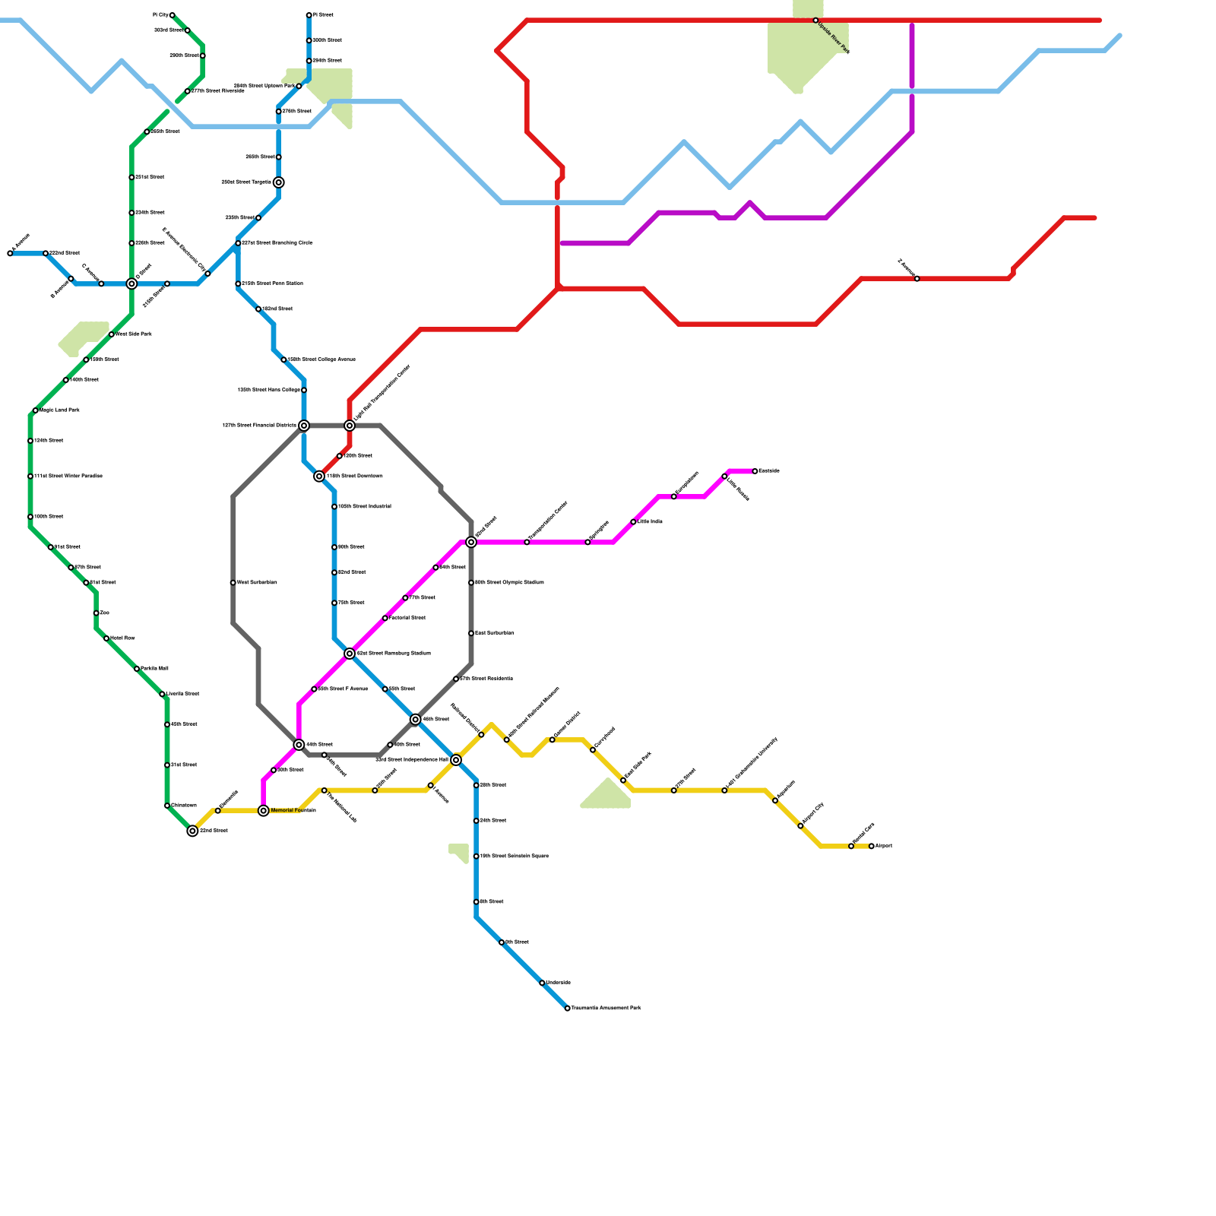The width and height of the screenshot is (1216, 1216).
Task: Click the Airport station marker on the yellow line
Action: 871,846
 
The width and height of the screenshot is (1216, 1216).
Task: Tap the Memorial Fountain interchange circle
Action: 264,811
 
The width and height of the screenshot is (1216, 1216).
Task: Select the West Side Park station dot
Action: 112,334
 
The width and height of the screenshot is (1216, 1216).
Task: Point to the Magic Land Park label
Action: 59,410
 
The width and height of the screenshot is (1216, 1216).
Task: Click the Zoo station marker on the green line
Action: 96,613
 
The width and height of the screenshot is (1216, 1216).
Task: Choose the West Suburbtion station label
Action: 257,583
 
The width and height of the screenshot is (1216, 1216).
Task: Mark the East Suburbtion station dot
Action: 471,633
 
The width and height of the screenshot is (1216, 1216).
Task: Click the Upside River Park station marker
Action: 815,21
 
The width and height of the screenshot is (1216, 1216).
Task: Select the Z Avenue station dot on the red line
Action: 917,279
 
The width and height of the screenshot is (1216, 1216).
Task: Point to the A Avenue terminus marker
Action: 10,253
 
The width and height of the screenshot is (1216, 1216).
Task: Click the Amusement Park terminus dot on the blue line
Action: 568,1009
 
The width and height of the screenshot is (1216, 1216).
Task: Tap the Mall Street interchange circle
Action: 471,542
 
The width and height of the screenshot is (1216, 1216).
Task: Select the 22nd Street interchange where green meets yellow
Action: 193,831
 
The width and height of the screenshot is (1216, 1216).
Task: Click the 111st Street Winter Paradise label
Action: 68,477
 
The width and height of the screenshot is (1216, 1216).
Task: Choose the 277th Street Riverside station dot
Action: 188,91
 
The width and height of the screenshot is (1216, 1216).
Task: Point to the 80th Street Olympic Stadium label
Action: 509,583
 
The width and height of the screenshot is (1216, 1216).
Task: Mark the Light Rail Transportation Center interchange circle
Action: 350,426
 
